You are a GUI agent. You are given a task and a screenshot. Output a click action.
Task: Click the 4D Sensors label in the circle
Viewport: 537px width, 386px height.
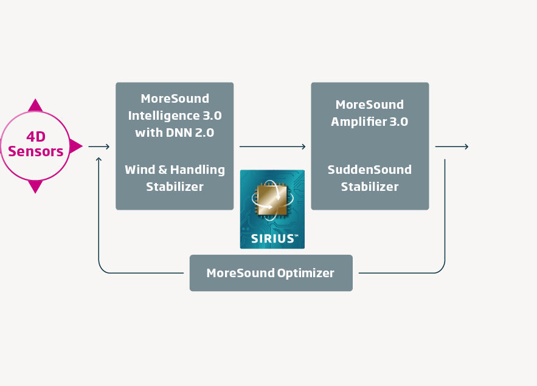[x=36, y=144]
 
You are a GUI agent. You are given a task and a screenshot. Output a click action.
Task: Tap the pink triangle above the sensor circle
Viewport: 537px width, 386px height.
[x=35, y=106]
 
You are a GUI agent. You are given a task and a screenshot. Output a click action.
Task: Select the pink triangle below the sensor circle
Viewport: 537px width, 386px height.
[x=35, y=187]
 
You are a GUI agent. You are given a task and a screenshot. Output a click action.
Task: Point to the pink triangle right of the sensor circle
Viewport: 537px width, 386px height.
[x=75, y=146]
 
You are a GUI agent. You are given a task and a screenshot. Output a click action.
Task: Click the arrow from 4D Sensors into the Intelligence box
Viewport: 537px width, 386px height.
[x=99, y=146]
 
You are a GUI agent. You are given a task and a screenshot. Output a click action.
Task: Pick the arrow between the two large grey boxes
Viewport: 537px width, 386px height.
[x=272, y=146]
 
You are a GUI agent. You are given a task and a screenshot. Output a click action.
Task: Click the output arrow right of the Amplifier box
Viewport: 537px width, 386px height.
[x=452, y=146]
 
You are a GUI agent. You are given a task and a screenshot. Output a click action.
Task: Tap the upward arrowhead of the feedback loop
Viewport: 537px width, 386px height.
[x=99, y=159]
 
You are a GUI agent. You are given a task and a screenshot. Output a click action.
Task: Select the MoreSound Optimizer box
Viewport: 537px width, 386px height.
[x=271, y=273]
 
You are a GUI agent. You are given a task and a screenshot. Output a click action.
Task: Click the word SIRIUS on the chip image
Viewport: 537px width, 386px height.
[x=273, y=238]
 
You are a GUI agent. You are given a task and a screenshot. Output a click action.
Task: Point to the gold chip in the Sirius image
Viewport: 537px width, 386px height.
[x=272, y=199]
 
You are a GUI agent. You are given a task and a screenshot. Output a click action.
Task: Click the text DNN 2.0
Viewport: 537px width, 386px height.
[x=190, y=133]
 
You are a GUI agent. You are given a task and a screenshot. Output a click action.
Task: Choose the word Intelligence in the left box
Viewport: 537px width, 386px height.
[x=164, y=116]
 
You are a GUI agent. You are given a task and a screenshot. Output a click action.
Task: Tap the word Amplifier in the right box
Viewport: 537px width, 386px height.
[x=359, y=122]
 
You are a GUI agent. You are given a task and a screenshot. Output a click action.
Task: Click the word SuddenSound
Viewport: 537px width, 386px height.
[x=370, y=170]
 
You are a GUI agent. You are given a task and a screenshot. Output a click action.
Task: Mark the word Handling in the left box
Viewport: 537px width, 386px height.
[x=198, y=170]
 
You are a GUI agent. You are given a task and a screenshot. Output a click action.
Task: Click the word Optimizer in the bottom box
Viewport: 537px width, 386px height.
[x=305, y=274]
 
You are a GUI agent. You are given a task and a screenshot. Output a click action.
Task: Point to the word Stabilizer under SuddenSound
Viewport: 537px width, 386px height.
[x=370, y=187]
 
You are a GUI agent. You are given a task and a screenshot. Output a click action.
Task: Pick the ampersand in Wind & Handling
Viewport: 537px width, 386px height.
[x=163, y=170]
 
